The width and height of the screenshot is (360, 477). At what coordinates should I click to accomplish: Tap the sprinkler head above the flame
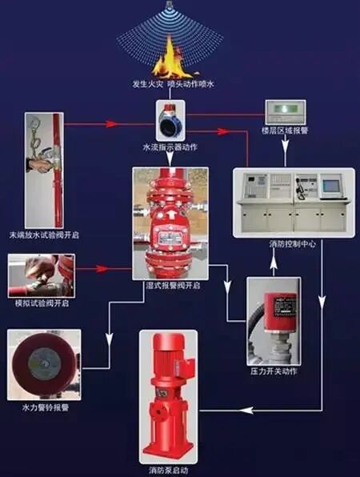pos(169,6)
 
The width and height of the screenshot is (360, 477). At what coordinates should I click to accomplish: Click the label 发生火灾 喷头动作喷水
pos(169,83)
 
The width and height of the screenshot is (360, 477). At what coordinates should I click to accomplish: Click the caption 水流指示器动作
pos(170,148)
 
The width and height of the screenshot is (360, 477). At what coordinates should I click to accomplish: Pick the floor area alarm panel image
pos(286,111)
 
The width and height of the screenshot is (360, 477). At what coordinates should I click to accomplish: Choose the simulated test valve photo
pos(41,275)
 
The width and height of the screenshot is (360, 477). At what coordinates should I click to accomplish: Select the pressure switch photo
pos(273,319)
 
